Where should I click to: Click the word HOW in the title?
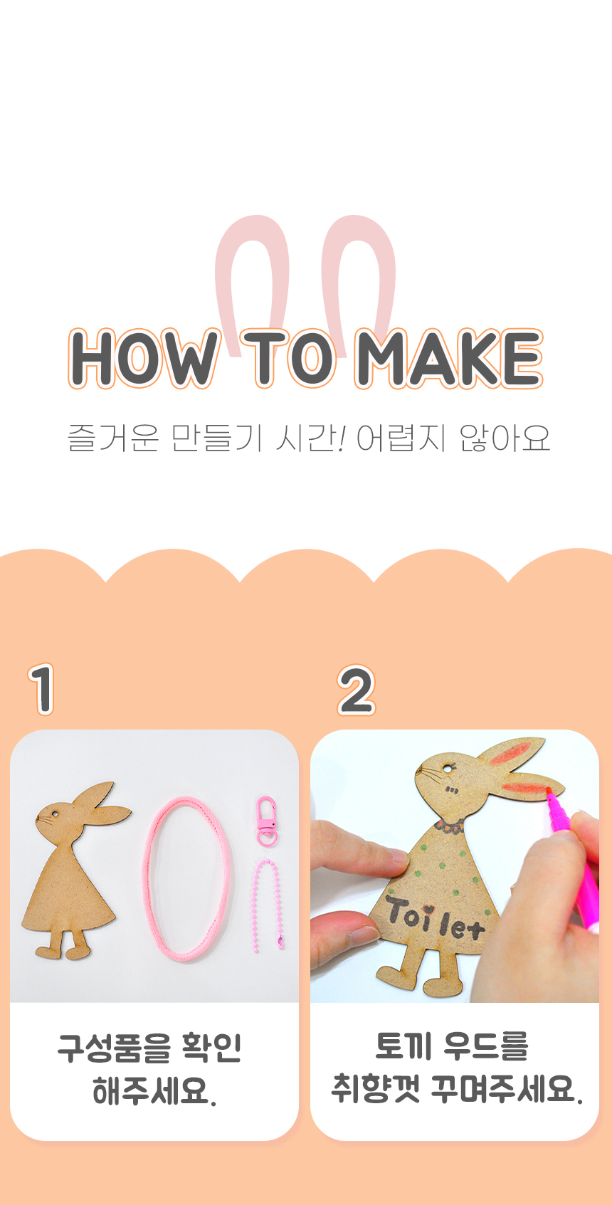tap(144, 358)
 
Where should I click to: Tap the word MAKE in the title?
tap(448, 358)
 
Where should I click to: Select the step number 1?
tap(41, 689)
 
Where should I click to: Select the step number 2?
tap(356, 690)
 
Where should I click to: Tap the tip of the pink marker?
tap(548, 790)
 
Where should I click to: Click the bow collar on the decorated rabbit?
tap(450, 826)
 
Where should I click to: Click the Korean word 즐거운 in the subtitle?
tap(113, 438)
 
